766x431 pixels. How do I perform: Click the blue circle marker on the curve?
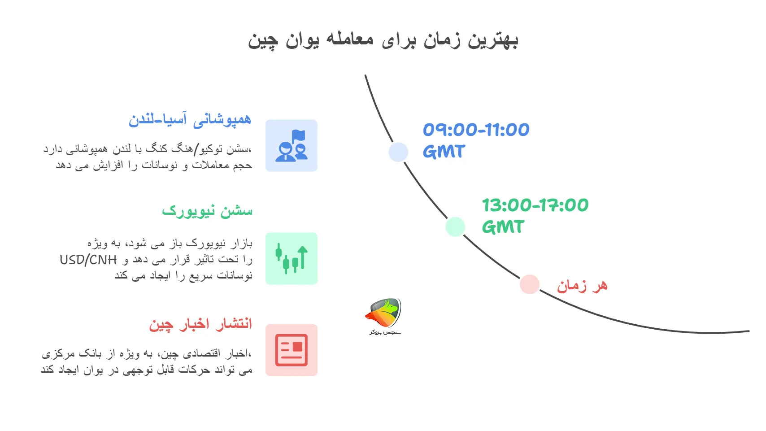(x=398, y=152)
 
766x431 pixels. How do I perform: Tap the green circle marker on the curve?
(x=455, y=226)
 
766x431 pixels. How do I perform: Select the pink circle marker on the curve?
(x=530, y=284)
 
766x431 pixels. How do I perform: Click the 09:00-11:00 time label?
(x=476, y=130)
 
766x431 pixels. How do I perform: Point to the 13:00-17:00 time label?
(x=535, y=205)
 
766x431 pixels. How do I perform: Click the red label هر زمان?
(x=582, y=286)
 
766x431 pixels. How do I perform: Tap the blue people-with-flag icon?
(x=292, y=146)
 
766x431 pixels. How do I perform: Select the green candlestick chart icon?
(x=292, y=259)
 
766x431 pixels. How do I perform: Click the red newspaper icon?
(x=292, y=350)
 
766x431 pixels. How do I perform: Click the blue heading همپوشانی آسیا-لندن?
(x=190, y=120)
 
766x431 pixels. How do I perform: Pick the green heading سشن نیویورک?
(x=207, y=211)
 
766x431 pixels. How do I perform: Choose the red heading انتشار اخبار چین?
(x=200, y=324)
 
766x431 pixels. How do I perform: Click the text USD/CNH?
(x=88, y=260)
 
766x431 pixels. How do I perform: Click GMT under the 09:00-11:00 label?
(x=444, y=152)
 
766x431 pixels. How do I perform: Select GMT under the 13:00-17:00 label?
(x=503, y=227)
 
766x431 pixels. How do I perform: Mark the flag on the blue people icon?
(x=299, y=135)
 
